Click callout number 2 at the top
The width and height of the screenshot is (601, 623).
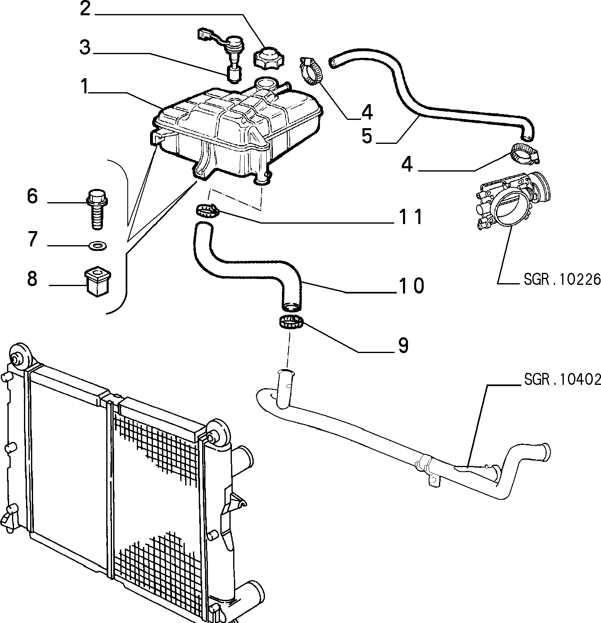(x=85, y=9)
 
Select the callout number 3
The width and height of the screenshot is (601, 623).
(x=85, y=48)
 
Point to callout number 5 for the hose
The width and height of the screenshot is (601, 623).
(x=367, y=136)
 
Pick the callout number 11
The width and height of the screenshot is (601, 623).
(x=411, y=216)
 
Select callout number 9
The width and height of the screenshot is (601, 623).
(x=403, y=345)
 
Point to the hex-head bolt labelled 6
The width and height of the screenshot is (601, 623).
(x=97, y=209)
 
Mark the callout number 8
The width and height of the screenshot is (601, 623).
(x=32, y=279)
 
